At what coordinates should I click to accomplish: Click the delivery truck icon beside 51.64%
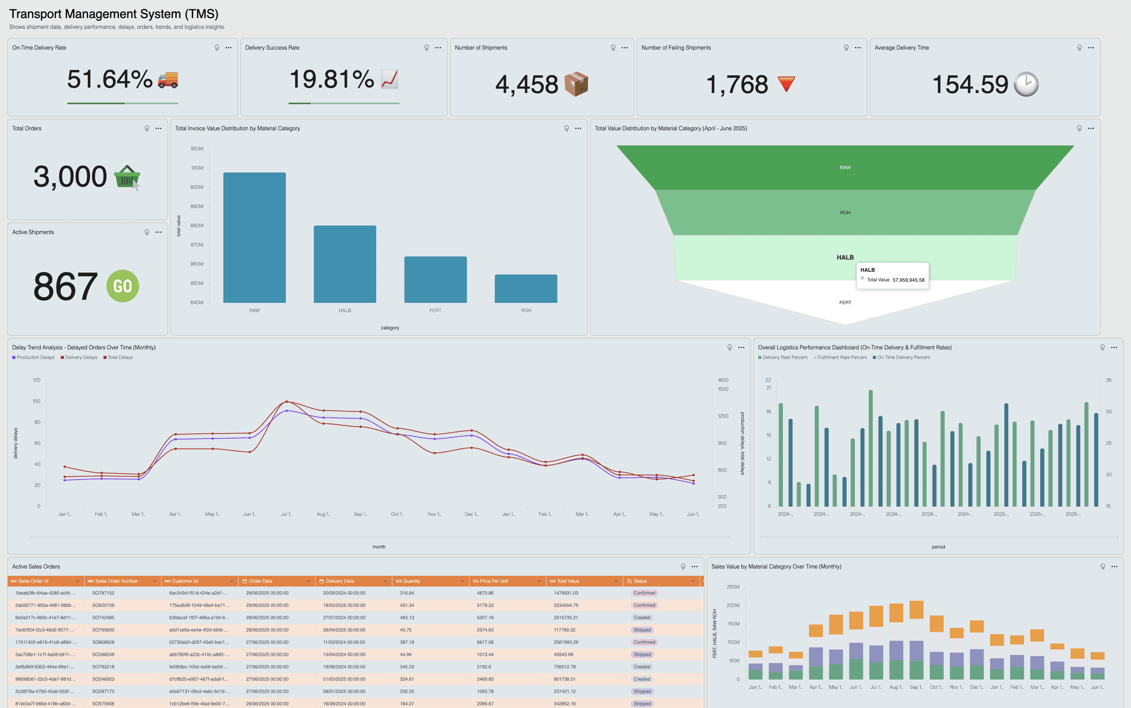click(168, 80)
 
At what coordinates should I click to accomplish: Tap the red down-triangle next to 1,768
click(786, 84)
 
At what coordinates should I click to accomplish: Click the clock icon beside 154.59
click(1026, 84)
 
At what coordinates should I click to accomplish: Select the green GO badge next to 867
click(123, 286)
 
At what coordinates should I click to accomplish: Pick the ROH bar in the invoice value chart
click(525, 288)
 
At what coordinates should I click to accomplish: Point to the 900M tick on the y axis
click(197, 187)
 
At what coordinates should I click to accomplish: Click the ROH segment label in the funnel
click(845, 213)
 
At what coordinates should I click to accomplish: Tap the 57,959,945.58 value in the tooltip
click(908, 280)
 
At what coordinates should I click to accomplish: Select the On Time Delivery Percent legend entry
click(902, 357)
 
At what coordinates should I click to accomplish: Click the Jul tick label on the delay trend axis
click(286, 514)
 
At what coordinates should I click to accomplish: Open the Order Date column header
click(261, 581)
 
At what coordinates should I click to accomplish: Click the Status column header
click(640, 581)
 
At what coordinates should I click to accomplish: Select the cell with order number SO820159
click(103, 605)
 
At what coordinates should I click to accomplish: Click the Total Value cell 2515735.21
click(565, 618)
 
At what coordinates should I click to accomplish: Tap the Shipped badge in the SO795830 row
click(642, 630)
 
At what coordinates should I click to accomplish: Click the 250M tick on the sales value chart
click(733, 587)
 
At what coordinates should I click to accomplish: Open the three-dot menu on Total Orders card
click(158, 128)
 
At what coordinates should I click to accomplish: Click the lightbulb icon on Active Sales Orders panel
click(683, 567)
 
